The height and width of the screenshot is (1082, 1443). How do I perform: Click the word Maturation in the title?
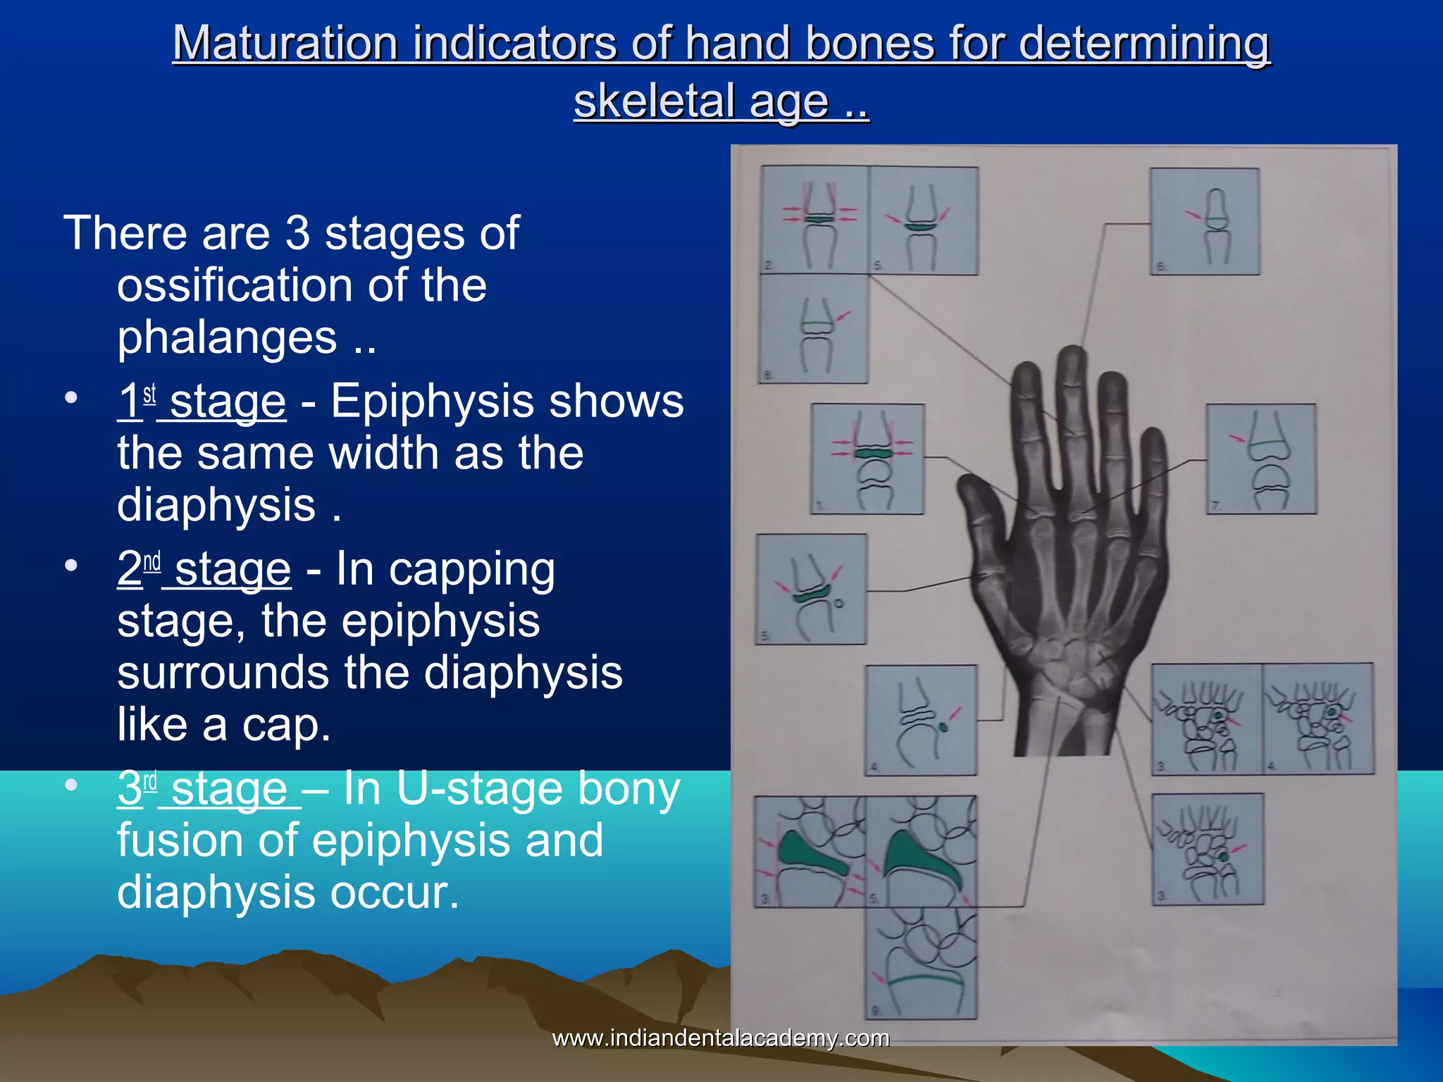click(x=286, y=44)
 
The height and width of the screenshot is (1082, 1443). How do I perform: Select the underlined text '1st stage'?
click(x=202, y=402)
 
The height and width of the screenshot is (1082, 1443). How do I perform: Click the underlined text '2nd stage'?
click(x=204, y=568)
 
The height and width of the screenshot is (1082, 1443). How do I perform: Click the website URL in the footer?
click(x=720, y=1038)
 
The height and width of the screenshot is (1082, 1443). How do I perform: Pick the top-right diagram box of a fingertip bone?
click(x=1204, y=221)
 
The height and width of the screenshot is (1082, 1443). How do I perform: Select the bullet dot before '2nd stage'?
click(x=70, y=566)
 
